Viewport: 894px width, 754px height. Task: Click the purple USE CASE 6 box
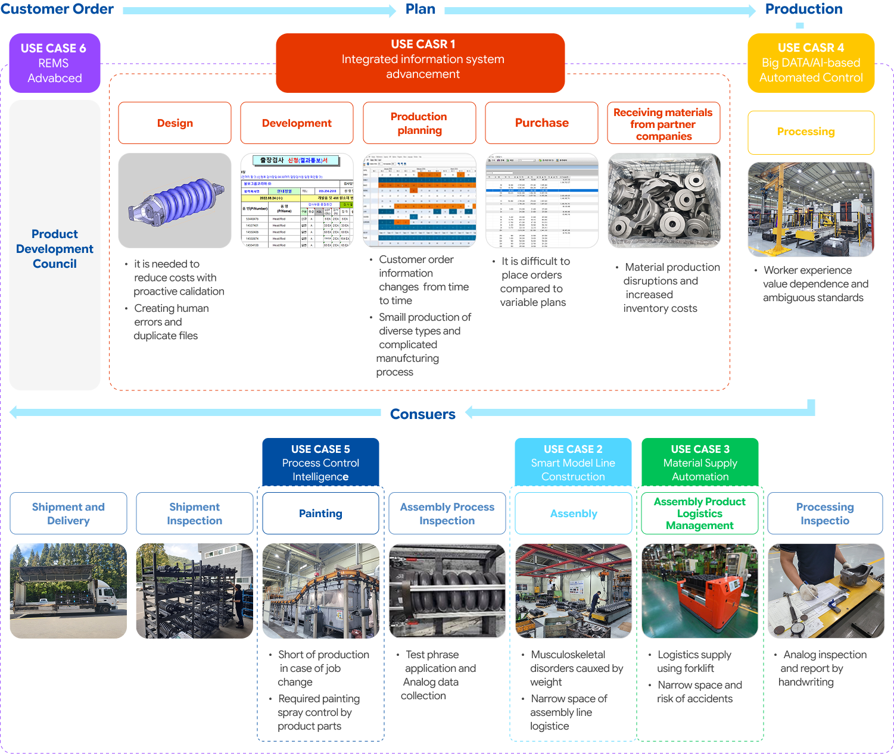coord(55,63)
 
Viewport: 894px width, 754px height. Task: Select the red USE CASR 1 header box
coord(420,62)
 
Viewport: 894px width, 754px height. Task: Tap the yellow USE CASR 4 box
coord(811,63)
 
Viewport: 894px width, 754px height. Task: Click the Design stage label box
coord(175,123)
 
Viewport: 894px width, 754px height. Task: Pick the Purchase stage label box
coord(541,123)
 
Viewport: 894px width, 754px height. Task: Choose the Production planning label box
coord(419,123)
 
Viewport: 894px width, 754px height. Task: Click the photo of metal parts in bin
coord(664,201)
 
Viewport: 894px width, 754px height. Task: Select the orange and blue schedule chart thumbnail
coord(419,201)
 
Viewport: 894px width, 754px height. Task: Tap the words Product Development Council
coord(55,249)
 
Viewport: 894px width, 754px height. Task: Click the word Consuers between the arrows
coord(422,414)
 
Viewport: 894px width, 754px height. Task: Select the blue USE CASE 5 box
coord(320,462)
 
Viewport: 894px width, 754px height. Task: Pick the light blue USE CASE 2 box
coord(573,462)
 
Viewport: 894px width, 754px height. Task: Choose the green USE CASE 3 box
coord(700,462)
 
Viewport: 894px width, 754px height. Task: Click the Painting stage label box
coord(320,514)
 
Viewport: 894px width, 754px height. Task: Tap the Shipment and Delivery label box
coord(68,514)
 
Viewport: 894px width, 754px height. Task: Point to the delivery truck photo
coord(68,591)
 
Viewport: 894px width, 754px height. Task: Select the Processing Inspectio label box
coord(825,514)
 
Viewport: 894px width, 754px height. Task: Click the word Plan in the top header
coord(420,9)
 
